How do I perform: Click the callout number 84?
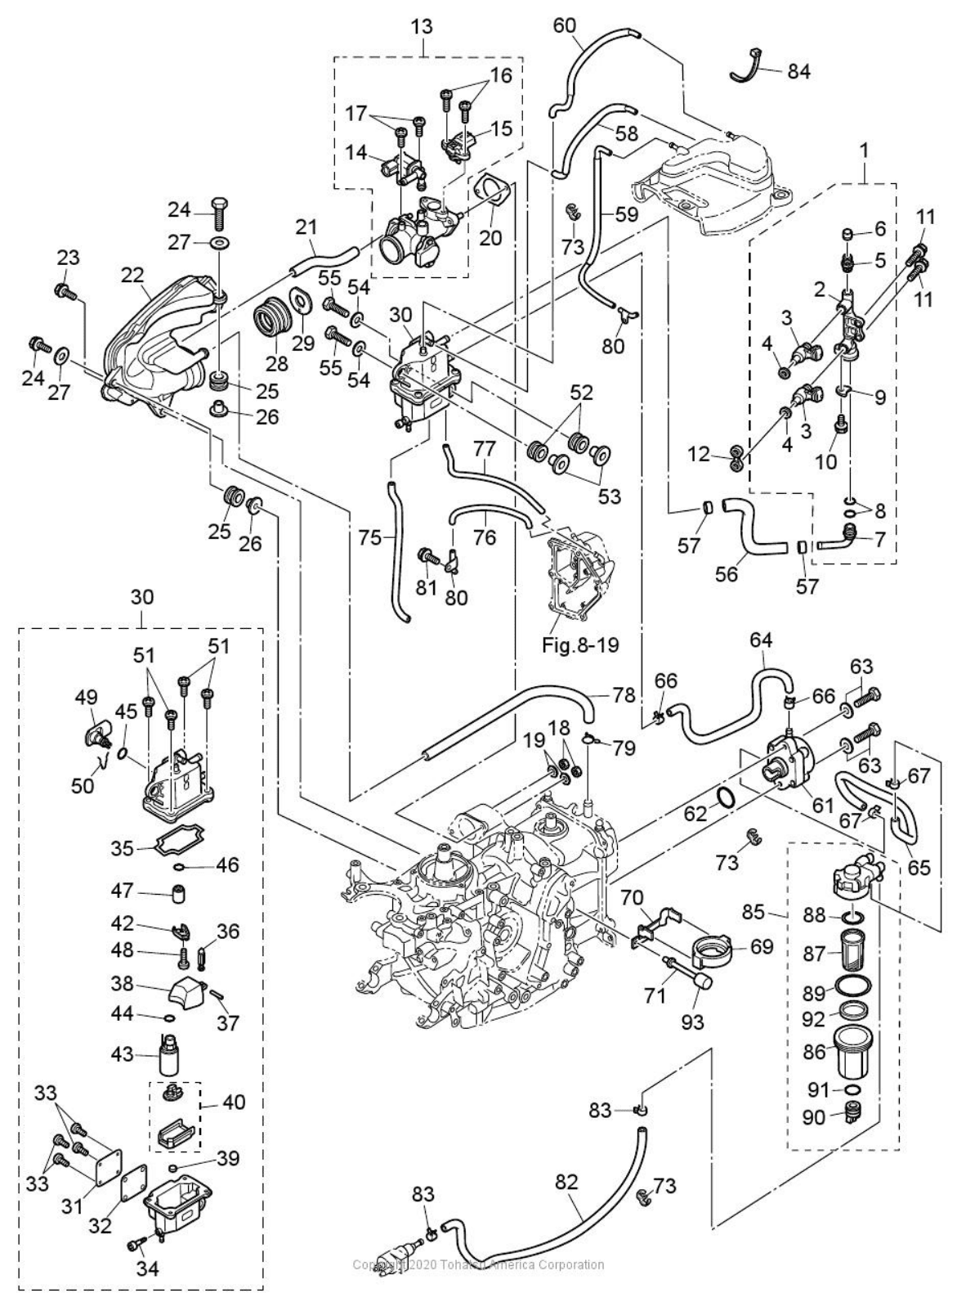(x=798, y=71)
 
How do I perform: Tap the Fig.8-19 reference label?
(x=580, y=644)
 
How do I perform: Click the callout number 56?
(x=726, y=573)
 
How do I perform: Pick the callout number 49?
(x=86, y=697)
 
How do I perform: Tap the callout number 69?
(x=762, y=948)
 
